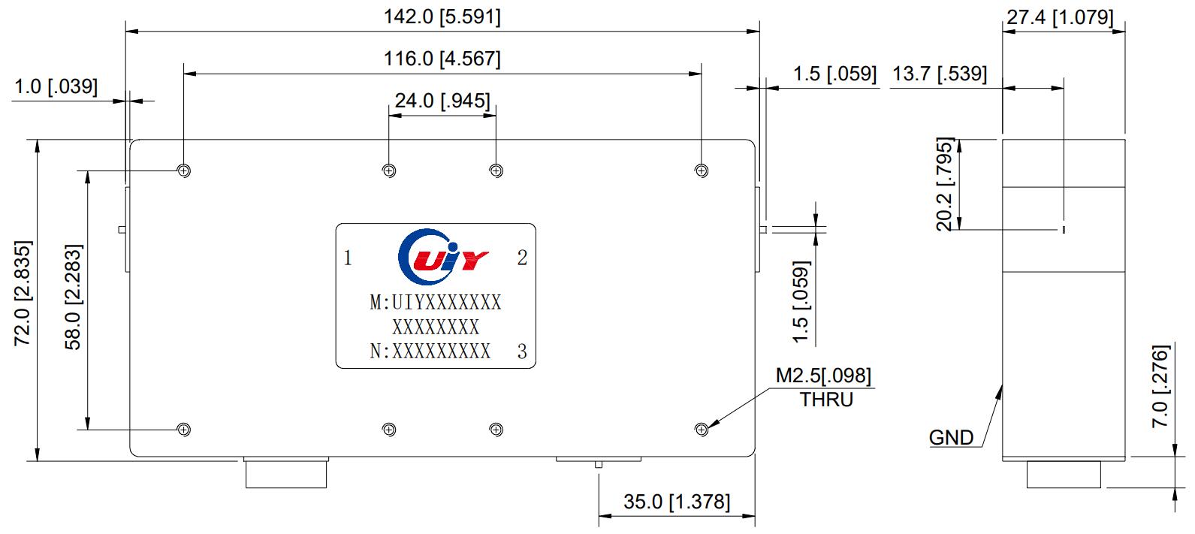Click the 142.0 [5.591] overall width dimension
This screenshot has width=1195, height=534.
pyautogui.click(x=442, y=17)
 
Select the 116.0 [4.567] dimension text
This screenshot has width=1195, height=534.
pyautogui.click(x=442, y=59)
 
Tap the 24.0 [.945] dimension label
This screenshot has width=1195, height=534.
pyautogui.click(x=442, y=101)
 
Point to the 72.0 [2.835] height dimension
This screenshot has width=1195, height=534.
pyautogui.click(x=23, y=294)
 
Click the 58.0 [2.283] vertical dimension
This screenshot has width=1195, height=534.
pyautogui.click(x=73, y=297)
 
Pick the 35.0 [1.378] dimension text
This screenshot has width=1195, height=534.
pyautogui.click(x=676, y=502)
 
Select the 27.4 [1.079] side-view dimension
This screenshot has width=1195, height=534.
pyautogui.click(x=1060, y=17)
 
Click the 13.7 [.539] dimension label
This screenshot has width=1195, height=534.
pyautogui.click(x=939, y=74)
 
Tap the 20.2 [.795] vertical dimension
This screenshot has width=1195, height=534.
pyautogui.click(x=945, y=183)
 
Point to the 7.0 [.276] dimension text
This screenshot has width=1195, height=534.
pyautogui.click(x=1160, y=388)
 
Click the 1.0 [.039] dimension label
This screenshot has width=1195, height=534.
pyautogui.click(x=56, y=86)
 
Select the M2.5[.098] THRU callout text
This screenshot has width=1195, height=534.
pyautogui.click(x=824, y=386)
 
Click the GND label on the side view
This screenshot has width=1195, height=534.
pyautogui.click(x=951, y=437)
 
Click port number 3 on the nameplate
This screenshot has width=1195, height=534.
pyautogui.click(x=522, y=351)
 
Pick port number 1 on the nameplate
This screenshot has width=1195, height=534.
pyautogui.click(x=348, y=258)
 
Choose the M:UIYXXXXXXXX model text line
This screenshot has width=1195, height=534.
pyautogui.click(x=436, y=303)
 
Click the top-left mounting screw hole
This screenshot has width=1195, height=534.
pyautogui.click(x=183, y=170)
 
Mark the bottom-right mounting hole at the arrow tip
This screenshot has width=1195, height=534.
pyautogui.click(x=702, y=430)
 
